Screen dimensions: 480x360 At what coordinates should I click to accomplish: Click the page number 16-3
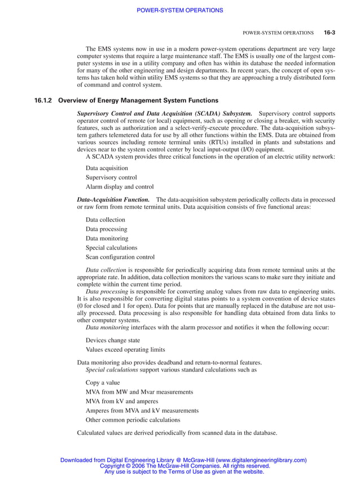pos(330,33)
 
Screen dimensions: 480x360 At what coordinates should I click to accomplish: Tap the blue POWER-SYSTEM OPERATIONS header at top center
pos(180,10)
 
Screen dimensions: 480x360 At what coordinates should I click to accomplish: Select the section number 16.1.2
pos(43,101)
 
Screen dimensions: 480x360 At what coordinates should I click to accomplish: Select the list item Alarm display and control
pos(119,187)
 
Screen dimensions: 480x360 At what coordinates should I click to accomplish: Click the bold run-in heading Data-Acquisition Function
pos(113,200)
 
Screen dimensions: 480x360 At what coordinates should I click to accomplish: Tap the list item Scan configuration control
pos(120,257)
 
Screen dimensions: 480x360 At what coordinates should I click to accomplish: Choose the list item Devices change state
pos(113,341)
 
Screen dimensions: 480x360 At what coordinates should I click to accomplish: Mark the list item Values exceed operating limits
pos(125,350)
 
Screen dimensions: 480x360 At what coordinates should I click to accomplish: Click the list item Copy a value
pos(103,382)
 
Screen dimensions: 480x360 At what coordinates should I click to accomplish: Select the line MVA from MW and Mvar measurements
pos(139,391)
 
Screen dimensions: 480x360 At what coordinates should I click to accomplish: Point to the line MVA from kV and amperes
pos(122,401)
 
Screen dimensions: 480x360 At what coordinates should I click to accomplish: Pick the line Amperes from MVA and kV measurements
pos(142,411)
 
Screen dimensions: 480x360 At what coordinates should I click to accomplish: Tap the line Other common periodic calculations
pos(133,420)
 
